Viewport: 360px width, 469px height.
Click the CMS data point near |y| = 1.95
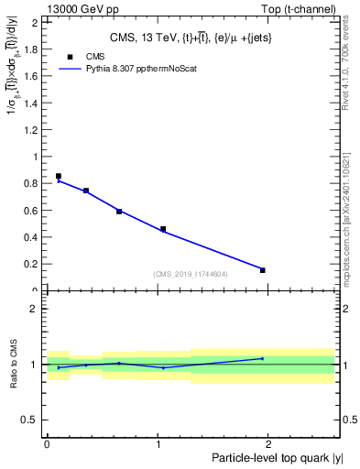[263, 270]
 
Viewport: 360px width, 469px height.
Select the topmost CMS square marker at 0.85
[59, 176]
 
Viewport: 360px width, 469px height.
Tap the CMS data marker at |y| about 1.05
[163, 229]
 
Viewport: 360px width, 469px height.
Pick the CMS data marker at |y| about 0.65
[119, 212]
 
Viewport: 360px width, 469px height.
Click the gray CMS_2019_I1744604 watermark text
[190, 274]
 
